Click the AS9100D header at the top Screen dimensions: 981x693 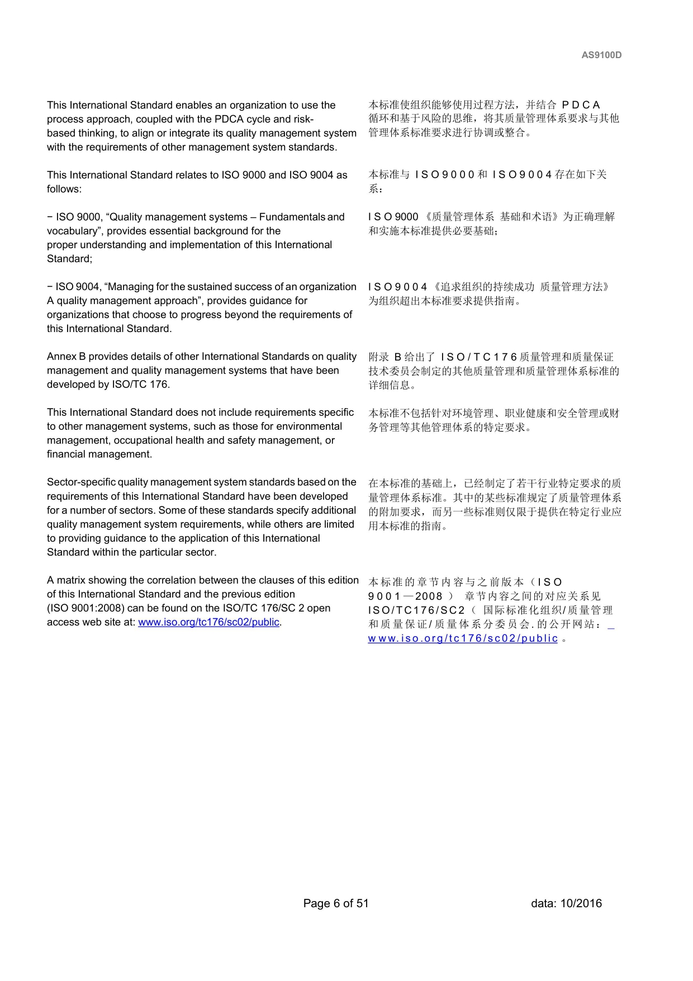[601, 55]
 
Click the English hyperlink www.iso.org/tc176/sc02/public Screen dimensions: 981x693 [208, 622]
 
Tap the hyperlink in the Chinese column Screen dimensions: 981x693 [463, 638]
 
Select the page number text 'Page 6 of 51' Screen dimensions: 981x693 [336, 903]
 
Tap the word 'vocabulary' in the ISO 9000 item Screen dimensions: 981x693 [73, 231]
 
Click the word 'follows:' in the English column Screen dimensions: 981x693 [64, 189]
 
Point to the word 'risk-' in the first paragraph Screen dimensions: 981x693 [302, 119]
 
